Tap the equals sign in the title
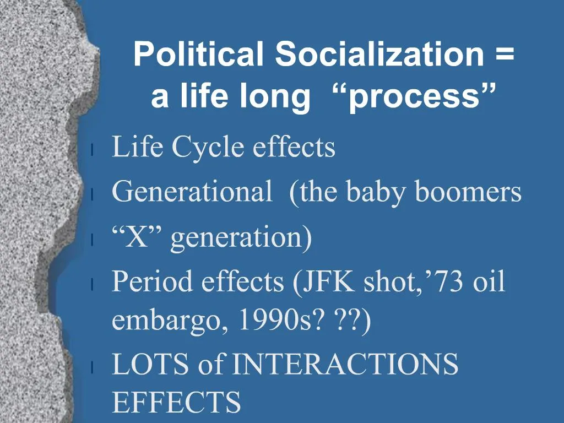[503, 56]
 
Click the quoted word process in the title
[421, 97]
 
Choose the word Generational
[191, 192]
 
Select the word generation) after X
[241, 238]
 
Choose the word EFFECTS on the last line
[176, 403]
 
